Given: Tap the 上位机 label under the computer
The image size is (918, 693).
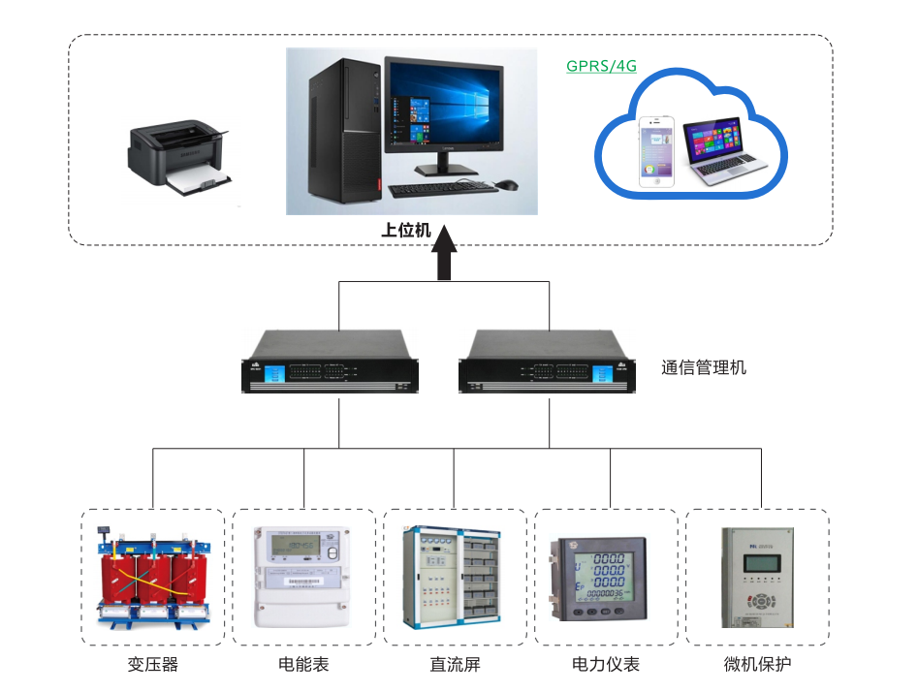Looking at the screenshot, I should [x=405, y=232].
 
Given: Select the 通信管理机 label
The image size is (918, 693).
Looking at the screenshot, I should [x=704, y=367].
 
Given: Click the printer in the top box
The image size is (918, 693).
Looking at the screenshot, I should [x=180, y=157].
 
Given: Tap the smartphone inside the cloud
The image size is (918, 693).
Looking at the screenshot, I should [x=657, y=150].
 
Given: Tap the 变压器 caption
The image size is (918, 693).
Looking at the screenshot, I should [x=153, y=664].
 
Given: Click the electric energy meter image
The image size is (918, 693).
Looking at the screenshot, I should [x=302, y=578].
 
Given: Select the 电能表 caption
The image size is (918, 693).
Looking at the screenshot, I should [x=303, y=664].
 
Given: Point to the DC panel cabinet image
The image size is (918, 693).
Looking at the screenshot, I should [x=454, y=578].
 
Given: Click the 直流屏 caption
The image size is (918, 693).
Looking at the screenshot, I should [x=455, y=664].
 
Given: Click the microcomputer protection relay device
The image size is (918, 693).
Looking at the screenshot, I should [x=757, y=578].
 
